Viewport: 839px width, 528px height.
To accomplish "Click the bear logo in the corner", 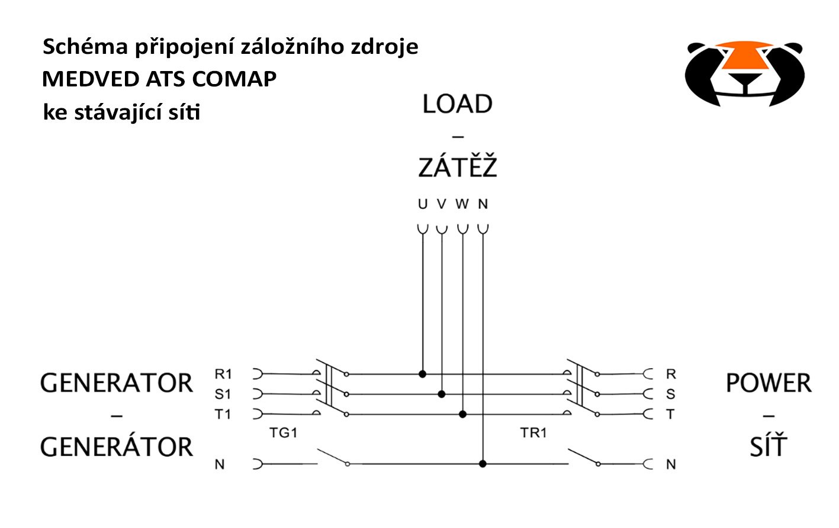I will [x=744, y=73].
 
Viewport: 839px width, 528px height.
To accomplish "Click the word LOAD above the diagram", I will [x=457, y=104].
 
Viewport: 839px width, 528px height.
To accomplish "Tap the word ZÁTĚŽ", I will [x=457, y=167].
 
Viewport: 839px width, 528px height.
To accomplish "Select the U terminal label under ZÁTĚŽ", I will [x=422, y=204].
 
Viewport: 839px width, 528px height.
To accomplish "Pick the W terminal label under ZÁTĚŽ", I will [x=462, y=204].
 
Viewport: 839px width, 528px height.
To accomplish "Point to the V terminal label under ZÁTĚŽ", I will [x=441, y=204].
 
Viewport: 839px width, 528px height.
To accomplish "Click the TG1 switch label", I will [x=283, y=433].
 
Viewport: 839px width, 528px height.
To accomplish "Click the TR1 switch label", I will [x=533, y=433].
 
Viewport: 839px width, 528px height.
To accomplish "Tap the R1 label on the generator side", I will [x=223, y=374].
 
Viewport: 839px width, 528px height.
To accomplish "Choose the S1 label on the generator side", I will [x=223, y=394].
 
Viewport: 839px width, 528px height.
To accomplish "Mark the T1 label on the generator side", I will [x=223, y=414].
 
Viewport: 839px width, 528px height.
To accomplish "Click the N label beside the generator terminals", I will [x=220, y=465].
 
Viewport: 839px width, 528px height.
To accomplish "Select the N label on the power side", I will [x=671, y=465].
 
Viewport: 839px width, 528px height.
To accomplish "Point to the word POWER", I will [x=769, y=383].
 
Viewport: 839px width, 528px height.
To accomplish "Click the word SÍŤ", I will [x=769, y=446].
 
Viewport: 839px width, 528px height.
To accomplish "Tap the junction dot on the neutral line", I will [x=483, y=464].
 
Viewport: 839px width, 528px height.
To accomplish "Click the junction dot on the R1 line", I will [x=422, y=374].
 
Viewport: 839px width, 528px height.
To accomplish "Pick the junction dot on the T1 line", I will [x=463, y=414].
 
